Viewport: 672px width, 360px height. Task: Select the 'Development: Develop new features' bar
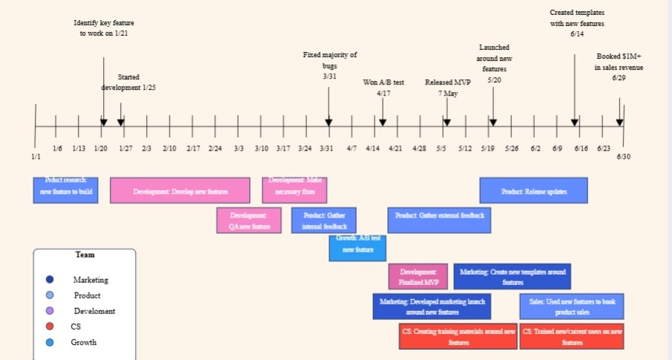180,191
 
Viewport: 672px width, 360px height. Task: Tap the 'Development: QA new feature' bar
249,220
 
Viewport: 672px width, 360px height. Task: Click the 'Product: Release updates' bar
533,191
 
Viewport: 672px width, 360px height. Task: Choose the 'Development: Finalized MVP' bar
418,277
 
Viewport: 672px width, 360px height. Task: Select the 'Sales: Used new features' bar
572,307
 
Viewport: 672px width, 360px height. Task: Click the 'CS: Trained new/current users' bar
572,337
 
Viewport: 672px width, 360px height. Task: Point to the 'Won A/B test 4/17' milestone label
383,88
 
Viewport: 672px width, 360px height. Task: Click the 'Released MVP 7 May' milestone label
447,88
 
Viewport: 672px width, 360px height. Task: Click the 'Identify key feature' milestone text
104,28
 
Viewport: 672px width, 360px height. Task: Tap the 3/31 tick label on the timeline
326,148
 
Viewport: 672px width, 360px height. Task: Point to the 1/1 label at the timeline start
36,157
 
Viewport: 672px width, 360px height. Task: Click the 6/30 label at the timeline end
623,157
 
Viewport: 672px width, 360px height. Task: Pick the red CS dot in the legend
50,327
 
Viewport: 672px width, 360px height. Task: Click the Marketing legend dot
50,280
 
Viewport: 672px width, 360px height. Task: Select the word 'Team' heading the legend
85,255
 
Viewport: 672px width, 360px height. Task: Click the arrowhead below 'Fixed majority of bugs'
329,122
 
